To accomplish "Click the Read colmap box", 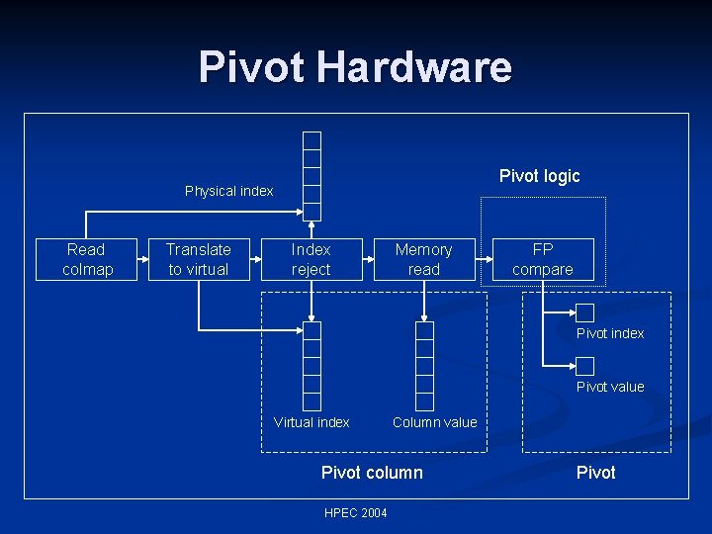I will [x=87, y=260].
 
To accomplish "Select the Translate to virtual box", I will [x=198, y=260].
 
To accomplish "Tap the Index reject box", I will [x=311, y=260].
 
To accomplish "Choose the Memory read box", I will [x=423, y=260].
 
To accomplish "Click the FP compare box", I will [x=543, y=260].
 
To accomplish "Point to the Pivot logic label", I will [x=539, y=176].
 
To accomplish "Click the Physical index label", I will [x=228, y=191].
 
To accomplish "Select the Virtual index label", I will [x=311, y=422].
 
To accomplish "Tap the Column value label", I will [x=434, y=422].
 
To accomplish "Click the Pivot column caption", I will [x=372, y=473].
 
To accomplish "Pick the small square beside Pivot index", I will [x=584, y=312].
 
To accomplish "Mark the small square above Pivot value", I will [x=584, y=365].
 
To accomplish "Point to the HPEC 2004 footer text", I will [x=356, y=512].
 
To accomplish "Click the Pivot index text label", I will [x=610, y=334].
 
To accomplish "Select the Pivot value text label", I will [x=610, y=387].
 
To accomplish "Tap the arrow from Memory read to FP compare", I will [x=484, y=260].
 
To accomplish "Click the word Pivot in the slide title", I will [x=253, y=67].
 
